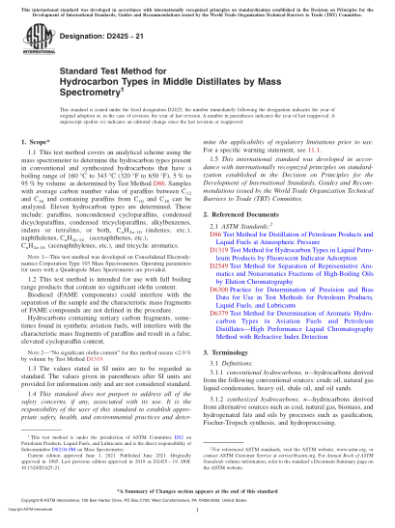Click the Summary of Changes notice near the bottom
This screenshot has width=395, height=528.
pyautogui.click(x=197, y=493)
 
